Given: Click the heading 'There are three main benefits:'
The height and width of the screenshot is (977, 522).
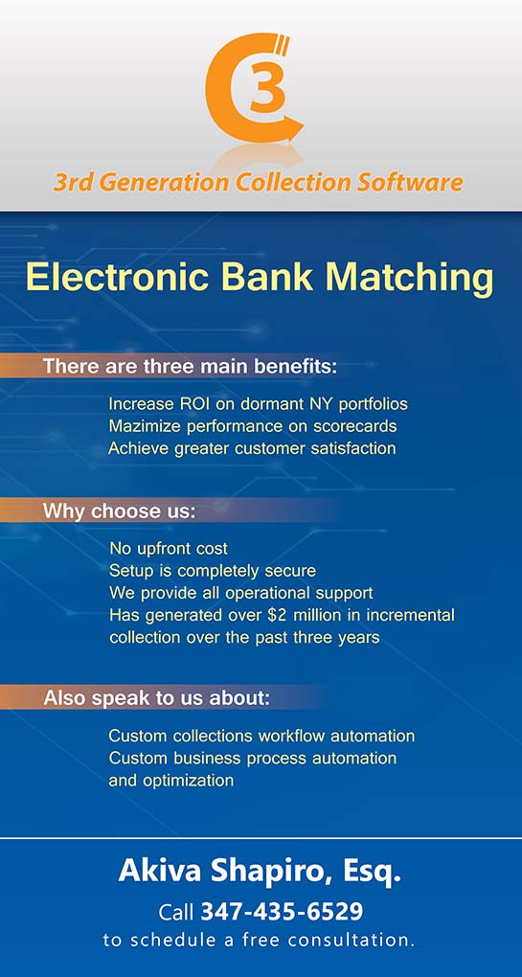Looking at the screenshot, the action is (190, 366).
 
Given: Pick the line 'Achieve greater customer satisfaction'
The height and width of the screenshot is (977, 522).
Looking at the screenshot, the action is (252, 448).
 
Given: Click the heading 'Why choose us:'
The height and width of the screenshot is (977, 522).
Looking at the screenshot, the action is (119, 511).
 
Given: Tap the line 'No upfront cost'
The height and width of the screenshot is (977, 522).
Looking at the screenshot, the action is (169, 549).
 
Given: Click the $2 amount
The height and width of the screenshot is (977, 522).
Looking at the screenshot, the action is (276, 615).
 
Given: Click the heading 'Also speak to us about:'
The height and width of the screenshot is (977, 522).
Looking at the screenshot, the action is (157, 698).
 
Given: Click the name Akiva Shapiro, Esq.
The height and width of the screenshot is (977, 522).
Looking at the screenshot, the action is (260, 873).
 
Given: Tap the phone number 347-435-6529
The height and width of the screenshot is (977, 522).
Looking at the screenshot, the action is (282, 912).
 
